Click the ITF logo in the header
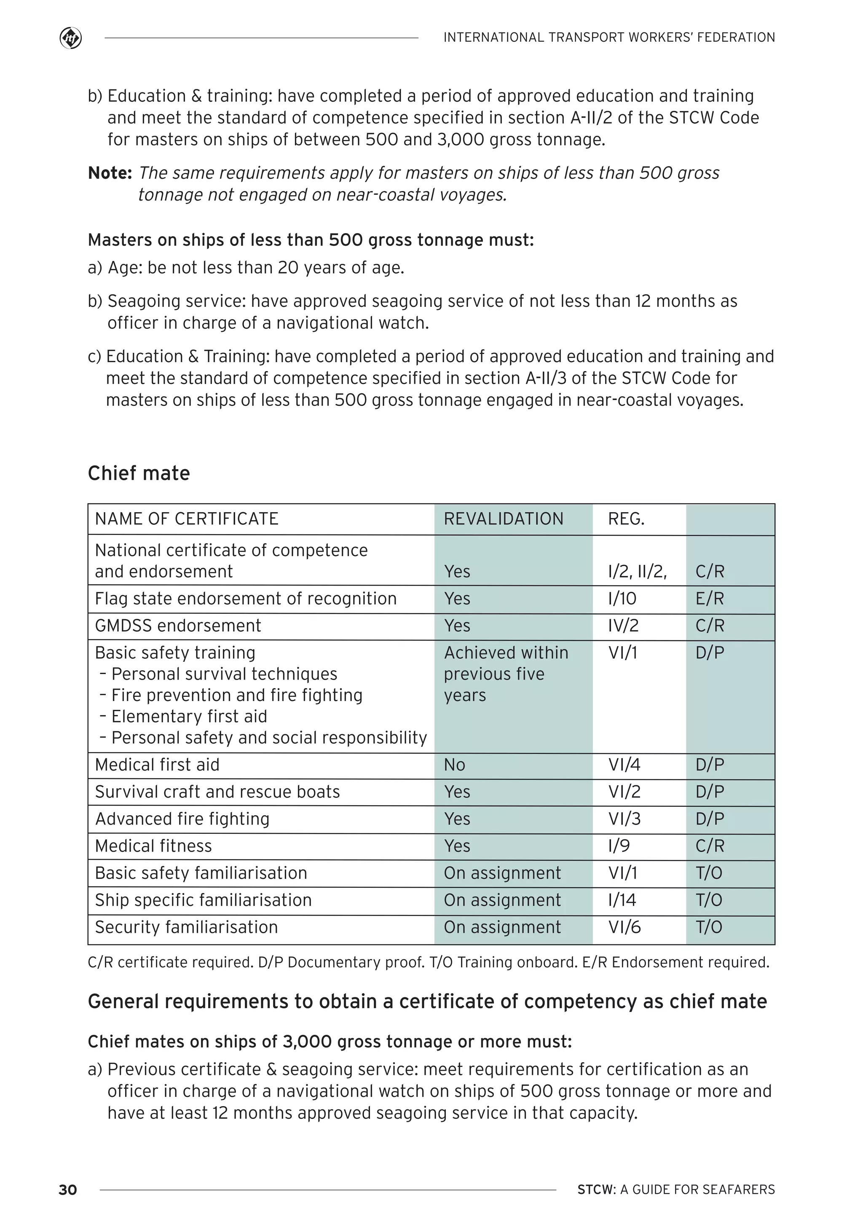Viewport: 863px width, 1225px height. (70, 38)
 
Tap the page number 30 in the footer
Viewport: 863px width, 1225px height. (68, 1190)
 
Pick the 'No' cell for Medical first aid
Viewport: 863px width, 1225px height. (454, 765)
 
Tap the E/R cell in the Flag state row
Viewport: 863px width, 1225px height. (709, 599)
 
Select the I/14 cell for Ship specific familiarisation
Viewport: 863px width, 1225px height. (622, 900)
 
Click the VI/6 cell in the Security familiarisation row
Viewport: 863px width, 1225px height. (624, 927)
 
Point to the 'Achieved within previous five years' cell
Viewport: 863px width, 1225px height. (506, 674)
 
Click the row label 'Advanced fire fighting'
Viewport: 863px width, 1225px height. (182, 819)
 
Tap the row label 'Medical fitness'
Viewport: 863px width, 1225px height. (154, 846)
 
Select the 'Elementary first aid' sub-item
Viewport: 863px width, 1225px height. (189, 717)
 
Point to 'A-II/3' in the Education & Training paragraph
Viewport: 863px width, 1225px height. (546, 378)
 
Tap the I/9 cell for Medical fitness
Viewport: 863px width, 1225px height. (619, 846)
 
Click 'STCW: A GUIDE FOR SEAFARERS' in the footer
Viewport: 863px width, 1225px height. (676, 1190)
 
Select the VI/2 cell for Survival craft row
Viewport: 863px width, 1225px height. (624, 792)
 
